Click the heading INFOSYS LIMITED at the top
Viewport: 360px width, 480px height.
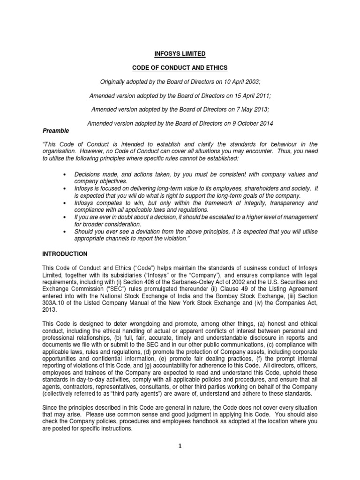180,54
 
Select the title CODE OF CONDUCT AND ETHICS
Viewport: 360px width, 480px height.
180,68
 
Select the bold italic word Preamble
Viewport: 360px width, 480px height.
56,131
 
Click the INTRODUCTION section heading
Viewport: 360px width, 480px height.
65,254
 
